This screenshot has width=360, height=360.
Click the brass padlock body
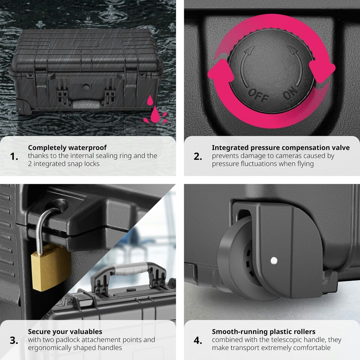pos(51,267)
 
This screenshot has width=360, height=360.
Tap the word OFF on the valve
pos(258,95)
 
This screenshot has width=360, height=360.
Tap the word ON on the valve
pos(290,91)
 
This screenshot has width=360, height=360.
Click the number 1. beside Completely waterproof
pos(14,156)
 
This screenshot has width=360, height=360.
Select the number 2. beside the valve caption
pos(198,156)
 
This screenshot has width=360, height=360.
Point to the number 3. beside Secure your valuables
pos(14,340)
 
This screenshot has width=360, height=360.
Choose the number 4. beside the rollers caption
pos(198,340)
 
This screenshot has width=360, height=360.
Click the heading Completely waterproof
pos(67,148)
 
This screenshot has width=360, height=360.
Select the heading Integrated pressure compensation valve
pos(280,148)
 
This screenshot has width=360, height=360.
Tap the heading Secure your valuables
pos(65,331)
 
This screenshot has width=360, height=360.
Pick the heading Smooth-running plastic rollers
pos(264,331)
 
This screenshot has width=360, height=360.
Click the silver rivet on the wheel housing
pos(274,259)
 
